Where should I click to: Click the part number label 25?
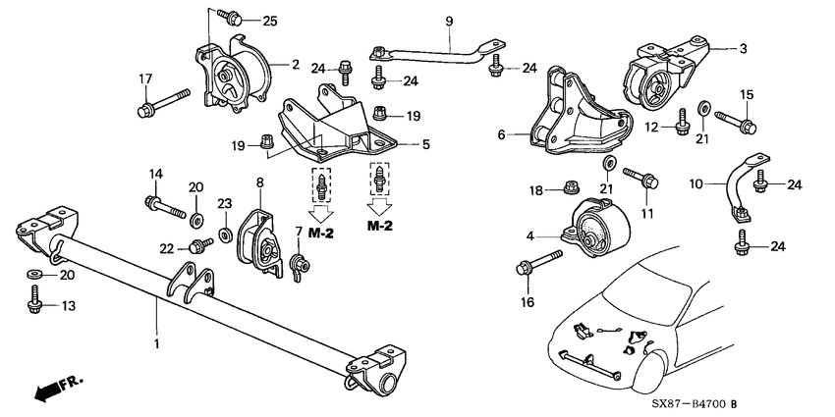pyautogui.click(x=270, y=22)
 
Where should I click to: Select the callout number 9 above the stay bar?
pyautogui.click(x=449, y=22)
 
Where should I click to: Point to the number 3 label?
pyautogui.click(x=743, y=49)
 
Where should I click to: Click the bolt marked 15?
pyautogui.click(x=736, y=121)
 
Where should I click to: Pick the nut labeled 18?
pyautogui.click(x=572, y=187)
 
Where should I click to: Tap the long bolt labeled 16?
pyautogui.click(x=539, y=263)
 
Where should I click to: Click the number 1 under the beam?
pyautogui.click(x=156, y=344)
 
